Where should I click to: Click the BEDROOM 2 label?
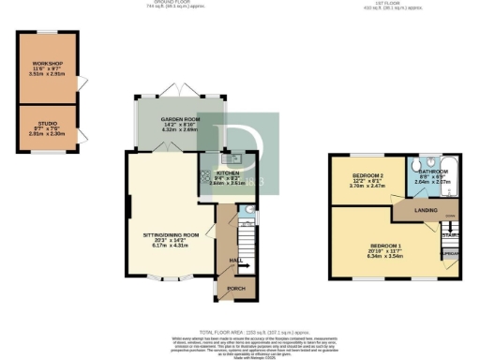click(x=368, y=175)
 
